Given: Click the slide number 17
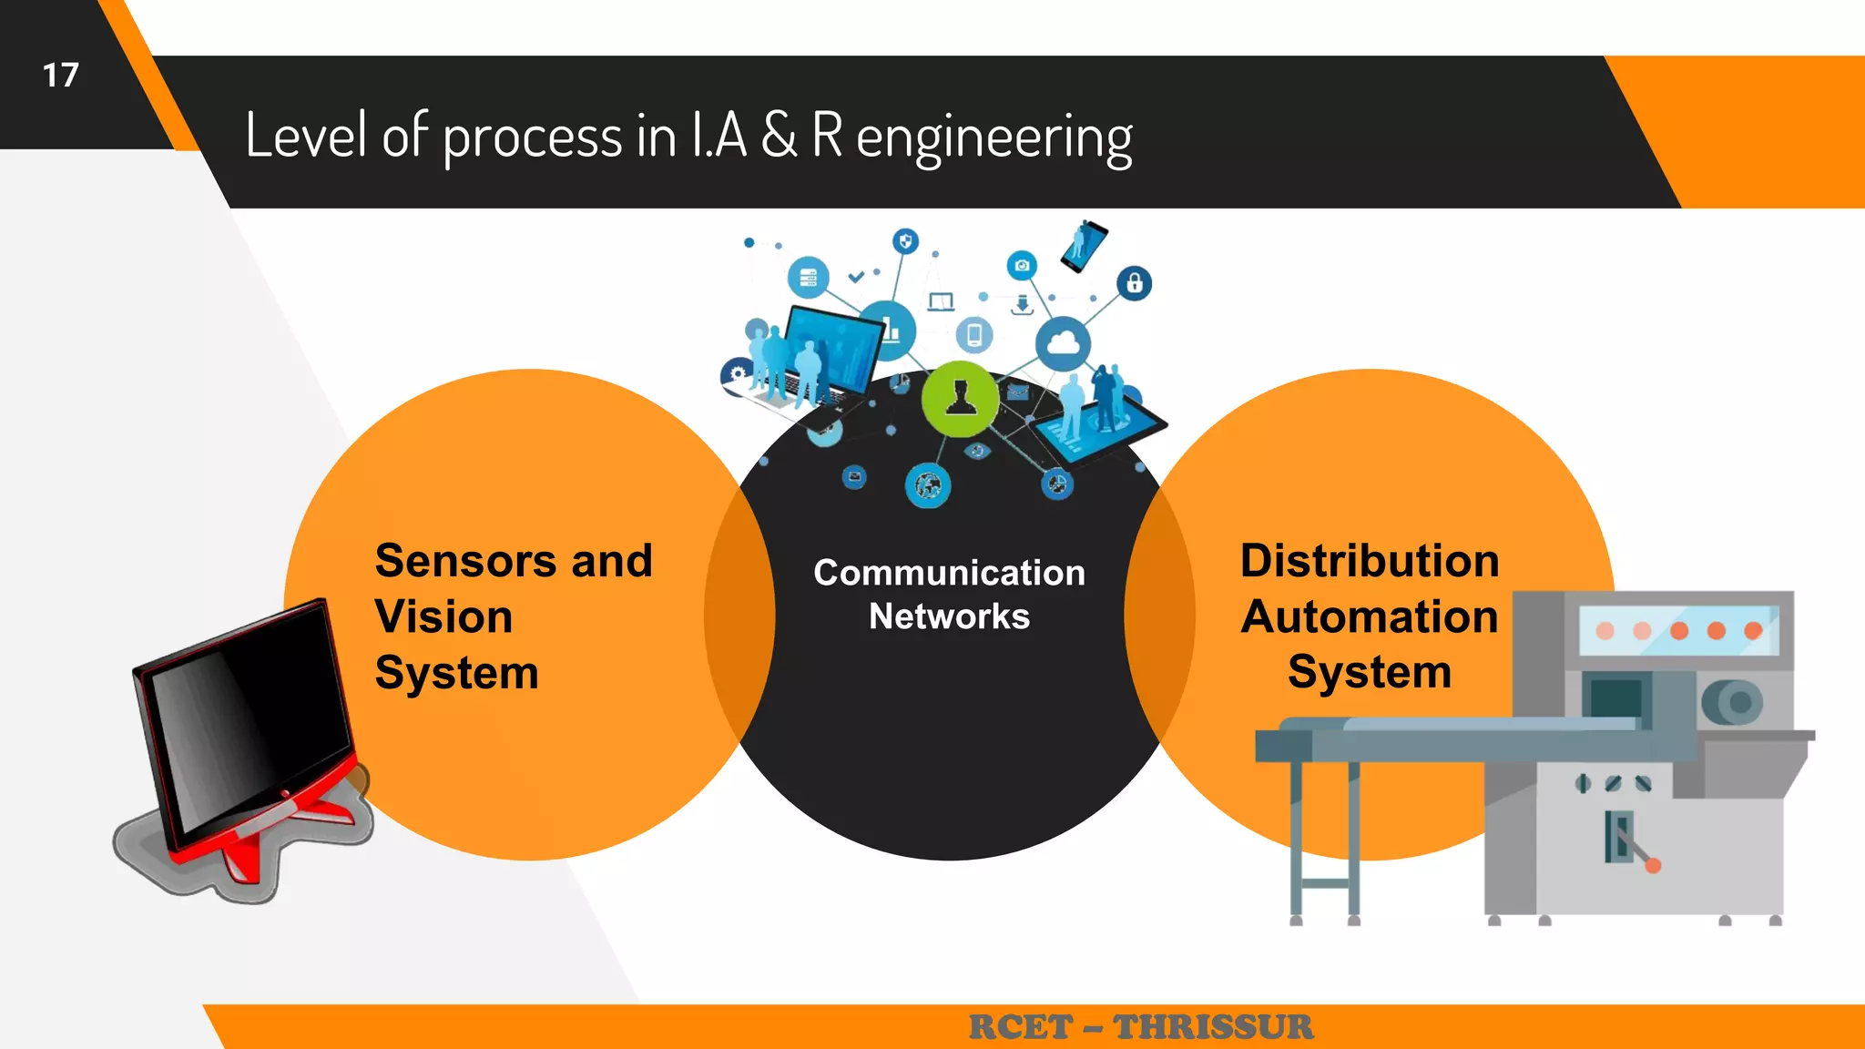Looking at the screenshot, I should pos(60,76).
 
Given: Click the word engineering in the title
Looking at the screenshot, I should pos(994,138).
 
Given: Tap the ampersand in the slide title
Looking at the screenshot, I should pos(778,136).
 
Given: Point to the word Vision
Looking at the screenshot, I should pos(443,616).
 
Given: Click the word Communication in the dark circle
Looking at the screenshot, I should pos(949,573).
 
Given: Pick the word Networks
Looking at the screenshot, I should pos(949,616).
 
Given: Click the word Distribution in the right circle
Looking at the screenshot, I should pos(1369,560).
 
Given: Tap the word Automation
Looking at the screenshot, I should pos(1369,616).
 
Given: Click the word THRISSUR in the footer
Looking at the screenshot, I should pos(1213,1027).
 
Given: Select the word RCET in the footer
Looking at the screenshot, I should pos(1020,1027).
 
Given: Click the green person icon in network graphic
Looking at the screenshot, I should pos(960,399).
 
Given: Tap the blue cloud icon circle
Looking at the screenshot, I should pos(1063,344).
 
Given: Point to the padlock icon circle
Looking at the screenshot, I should pos(1134,283).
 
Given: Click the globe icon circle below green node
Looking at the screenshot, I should pos(927,485).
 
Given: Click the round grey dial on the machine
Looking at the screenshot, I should pos(1731,702).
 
